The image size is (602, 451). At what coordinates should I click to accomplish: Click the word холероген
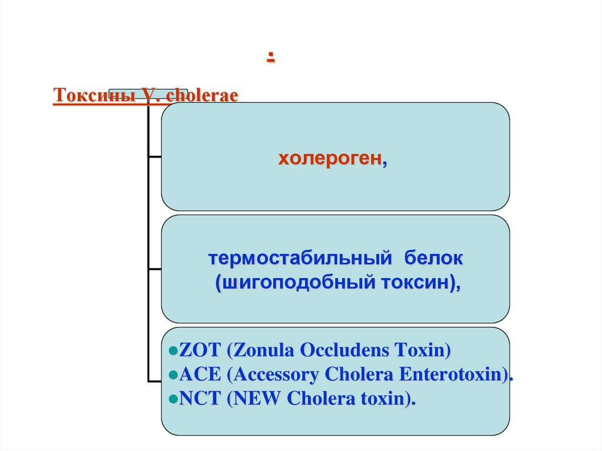point(329,159)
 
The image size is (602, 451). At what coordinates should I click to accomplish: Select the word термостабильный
point(299,258)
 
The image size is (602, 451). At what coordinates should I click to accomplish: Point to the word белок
point(434,258)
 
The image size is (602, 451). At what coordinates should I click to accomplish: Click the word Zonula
point(264,351)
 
